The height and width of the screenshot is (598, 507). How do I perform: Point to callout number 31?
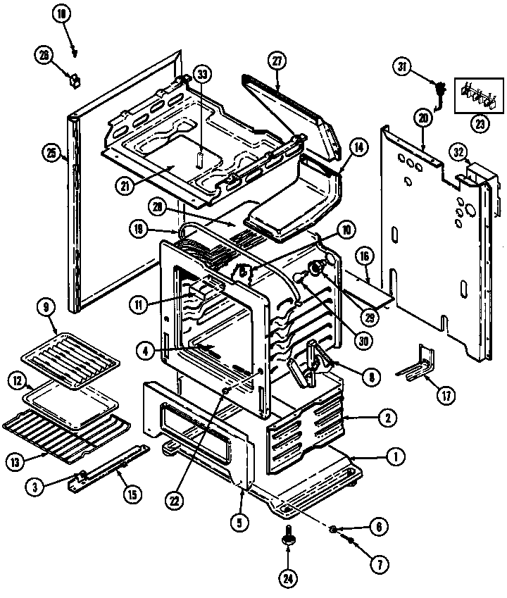click(403, 68)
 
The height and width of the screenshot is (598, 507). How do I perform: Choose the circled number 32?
click(459, 151)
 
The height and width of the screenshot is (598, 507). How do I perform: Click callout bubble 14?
click(358, 148)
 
